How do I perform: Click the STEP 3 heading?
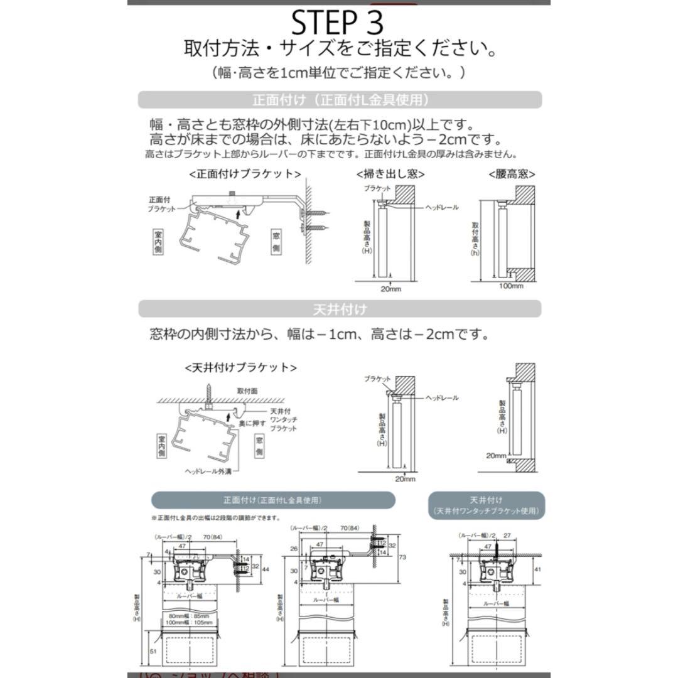click(x=338, y=23)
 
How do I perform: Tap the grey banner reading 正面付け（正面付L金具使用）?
click(x=340, y=100)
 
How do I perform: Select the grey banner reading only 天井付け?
click(x=340, y=309)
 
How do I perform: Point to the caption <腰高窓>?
click(x=507, y=174)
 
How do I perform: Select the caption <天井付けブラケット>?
click(x=240, y=367)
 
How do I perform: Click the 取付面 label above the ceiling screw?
click(x=247, y=390)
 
